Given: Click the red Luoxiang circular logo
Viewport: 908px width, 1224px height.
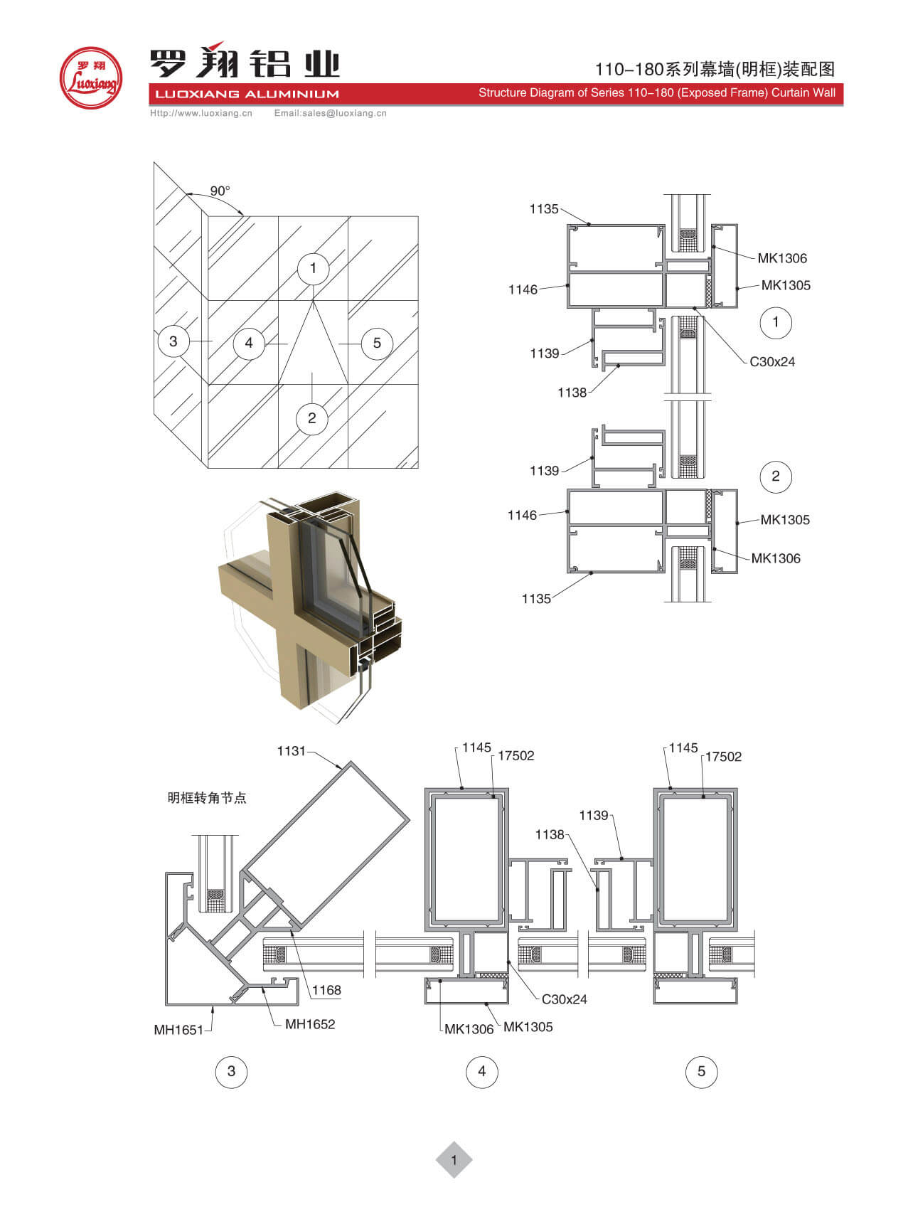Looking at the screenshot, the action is point(90,78).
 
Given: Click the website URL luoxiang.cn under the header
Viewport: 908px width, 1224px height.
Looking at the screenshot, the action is point(201,113).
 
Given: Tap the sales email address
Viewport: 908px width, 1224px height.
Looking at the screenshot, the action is point(331,113).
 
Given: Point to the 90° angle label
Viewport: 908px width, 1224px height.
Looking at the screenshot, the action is point(220,191).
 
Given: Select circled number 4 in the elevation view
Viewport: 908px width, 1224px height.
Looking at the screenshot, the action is point(249,343).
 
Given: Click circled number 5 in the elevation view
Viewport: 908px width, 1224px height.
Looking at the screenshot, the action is point(377,343).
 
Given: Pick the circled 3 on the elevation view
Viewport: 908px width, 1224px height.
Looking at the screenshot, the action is point(173,341).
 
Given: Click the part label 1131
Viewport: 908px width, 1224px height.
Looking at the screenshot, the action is point(291,751).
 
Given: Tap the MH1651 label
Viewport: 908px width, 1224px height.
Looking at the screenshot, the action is point(178,1029).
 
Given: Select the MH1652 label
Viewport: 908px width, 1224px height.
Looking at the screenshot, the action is point(310,1024).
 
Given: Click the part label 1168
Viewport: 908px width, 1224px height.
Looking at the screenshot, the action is point(326,990).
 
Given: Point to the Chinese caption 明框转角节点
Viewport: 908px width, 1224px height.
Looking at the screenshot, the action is point(207,798).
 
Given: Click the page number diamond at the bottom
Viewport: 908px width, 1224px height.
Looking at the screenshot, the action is point(454,1160).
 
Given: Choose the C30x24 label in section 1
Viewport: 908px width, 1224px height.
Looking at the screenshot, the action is point(772,361).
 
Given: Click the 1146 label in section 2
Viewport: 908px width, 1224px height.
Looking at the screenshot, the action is point(522,515).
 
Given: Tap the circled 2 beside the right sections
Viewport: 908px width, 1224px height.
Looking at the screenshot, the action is point(776,476).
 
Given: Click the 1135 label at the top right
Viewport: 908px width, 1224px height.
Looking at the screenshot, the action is point(544,208).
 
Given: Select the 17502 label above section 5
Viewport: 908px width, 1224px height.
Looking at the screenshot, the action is point(723,757).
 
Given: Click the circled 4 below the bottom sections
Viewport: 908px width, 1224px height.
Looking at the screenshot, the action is point(481,1071).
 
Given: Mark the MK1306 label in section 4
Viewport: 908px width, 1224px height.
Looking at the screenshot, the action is point(469,1029).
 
